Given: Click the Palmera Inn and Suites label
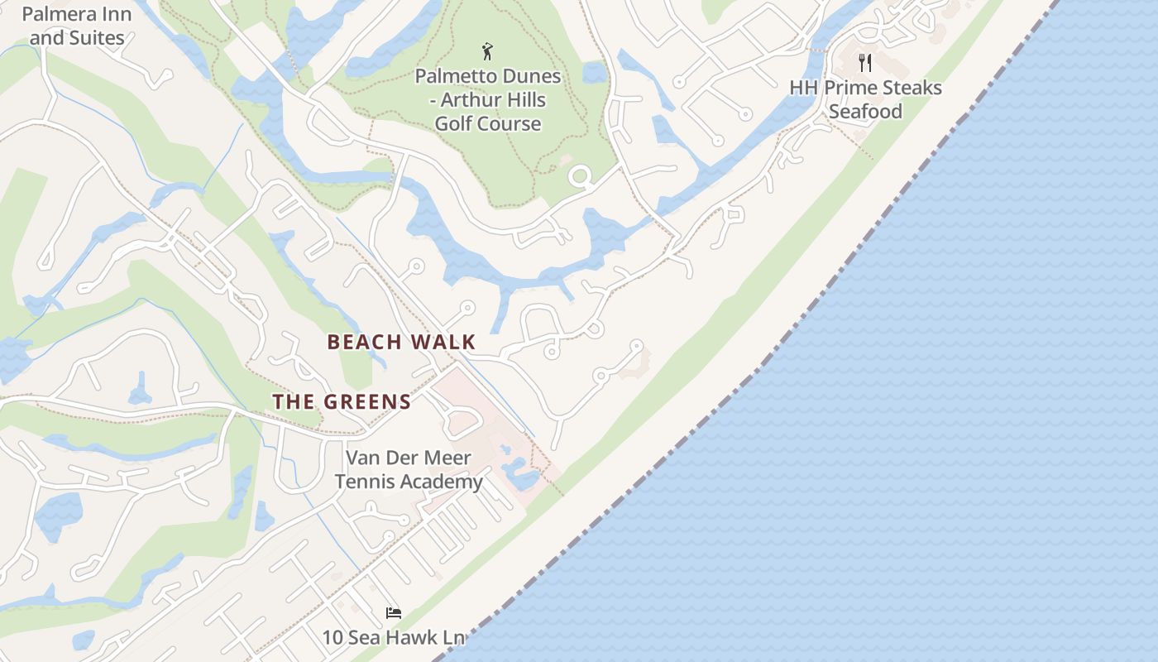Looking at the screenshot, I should click(77, 26).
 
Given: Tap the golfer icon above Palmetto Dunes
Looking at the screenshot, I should click(487, 52).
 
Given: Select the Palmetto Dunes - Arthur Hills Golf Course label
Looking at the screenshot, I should click(488, 99).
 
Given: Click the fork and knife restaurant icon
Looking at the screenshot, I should click(865, 62).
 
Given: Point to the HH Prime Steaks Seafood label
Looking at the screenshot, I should click(865, 99).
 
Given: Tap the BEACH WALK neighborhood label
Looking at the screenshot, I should click(401, 342).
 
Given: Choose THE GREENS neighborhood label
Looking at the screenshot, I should click(342, 402).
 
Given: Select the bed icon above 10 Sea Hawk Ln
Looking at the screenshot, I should click(394, 613).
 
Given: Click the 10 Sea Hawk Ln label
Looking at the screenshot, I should click(394, 637).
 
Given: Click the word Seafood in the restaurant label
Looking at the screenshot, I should click(865, 112).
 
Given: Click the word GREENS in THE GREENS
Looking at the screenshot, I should click(367, 402).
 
